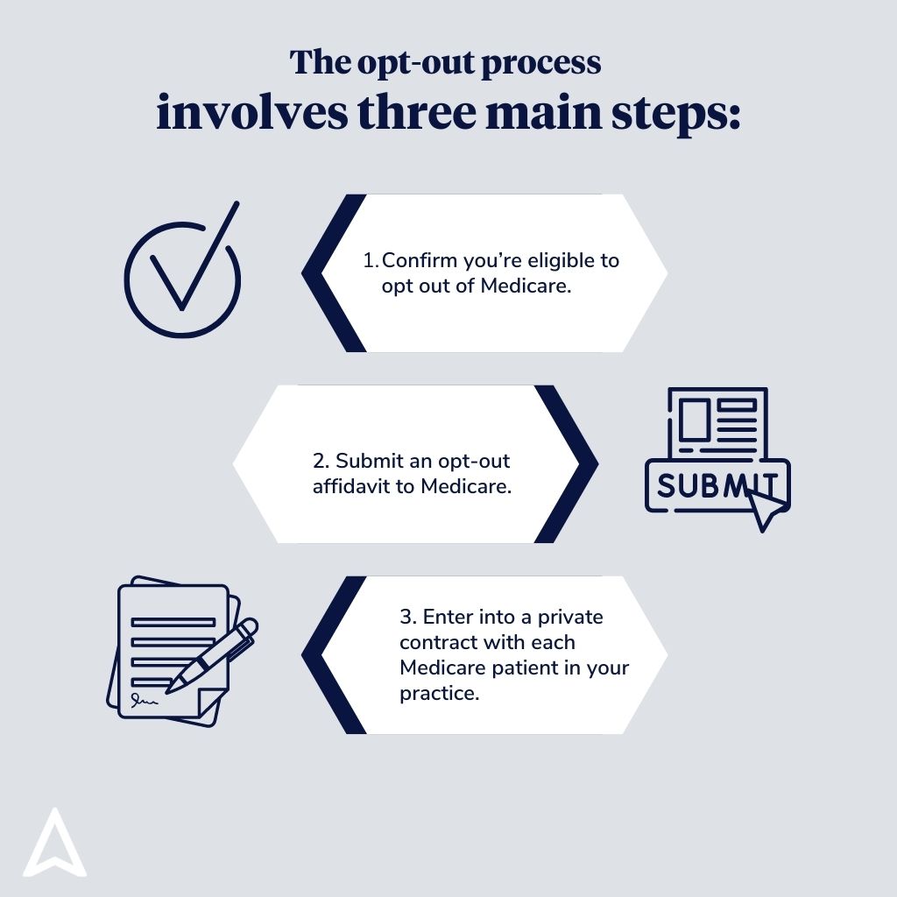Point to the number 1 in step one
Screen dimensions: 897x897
coord(369,260)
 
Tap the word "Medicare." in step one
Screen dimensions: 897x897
coord(526,286)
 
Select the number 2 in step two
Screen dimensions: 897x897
coord(319,461)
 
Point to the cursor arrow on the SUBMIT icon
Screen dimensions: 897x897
coord(767,511)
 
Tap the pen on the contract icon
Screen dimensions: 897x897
coord(212,655)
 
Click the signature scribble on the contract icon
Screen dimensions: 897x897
coord(145,700)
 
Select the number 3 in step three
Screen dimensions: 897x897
coord(406,618)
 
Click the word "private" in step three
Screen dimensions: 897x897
coord(570,618)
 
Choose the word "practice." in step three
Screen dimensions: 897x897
coord(440,694)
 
